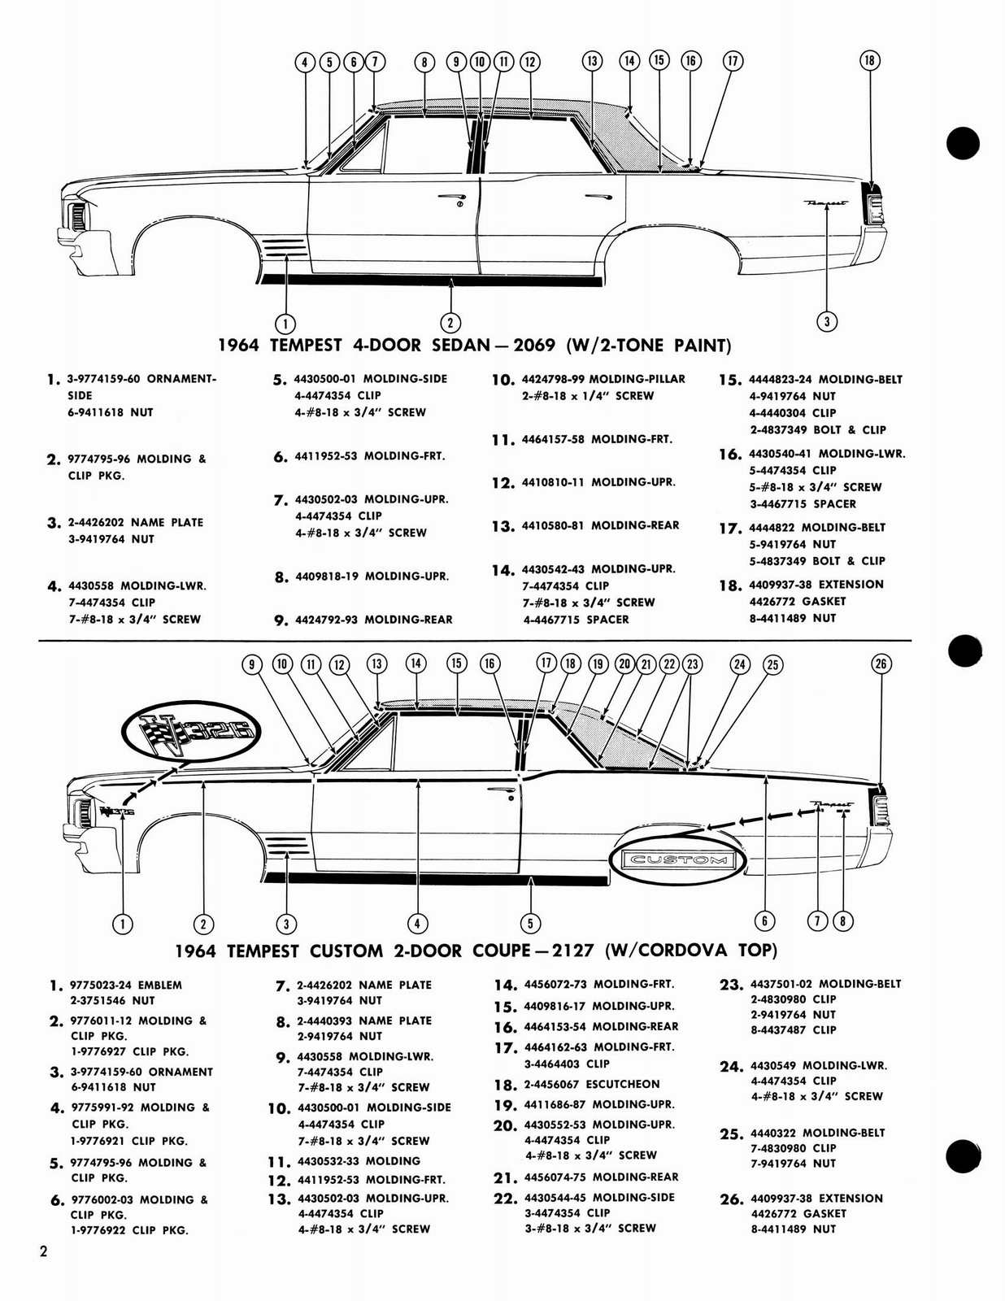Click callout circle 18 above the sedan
point(869,60)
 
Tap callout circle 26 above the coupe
point(881,664)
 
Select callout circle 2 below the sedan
point(451,321)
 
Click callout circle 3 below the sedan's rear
point(826,321)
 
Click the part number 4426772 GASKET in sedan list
point(797,601)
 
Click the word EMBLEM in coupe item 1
point(160,985)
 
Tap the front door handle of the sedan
point(450,198)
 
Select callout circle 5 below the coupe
point(530,923)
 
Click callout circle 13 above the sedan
point(592,60)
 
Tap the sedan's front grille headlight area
point(78,216)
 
